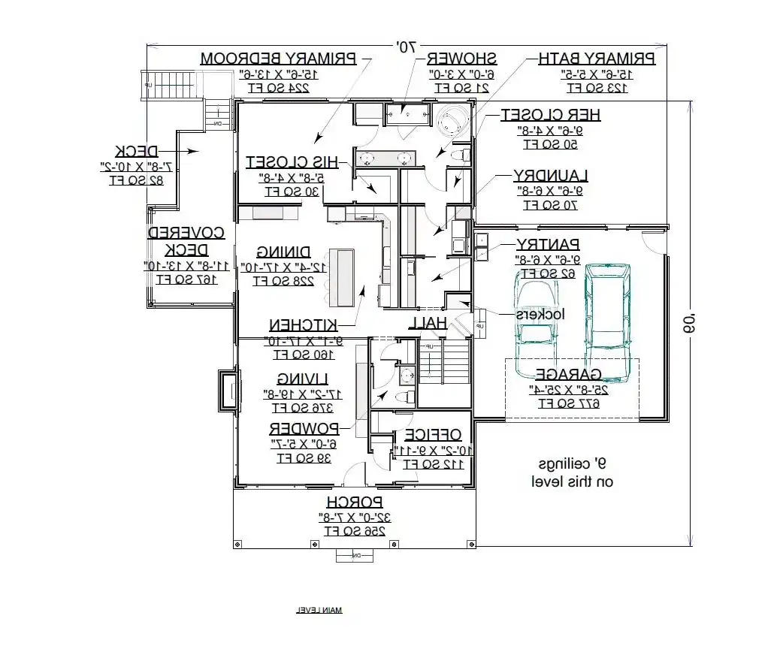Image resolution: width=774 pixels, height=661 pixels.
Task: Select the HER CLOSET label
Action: coord(551,114)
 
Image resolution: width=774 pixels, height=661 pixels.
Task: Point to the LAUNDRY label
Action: coord(550,175)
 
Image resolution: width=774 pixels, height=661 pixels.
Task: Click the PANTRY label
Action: coord(548,244)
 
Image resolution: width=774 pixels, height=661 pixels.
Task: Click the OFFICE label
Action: coord(432,435)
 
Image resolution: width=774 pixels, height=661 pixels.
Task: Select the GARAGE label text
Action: coord(567,374)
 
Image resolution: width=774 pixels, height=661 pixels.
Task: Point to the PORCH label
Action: coord(355,502)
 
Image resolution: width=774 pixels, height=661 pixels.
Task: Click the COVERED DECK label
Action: coord(186,241)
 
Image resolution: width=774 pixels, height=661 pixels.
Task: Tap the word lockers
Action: coord(540,314)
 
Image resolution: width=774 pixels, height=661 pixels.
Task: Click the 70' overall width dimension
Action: coord(406,47)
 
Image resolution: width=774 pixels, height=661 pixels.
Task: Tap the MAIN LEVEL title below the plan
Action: coord(319,610)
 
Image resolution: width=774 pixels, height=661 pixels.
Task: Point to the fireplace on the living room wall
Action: coord(226,391)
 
